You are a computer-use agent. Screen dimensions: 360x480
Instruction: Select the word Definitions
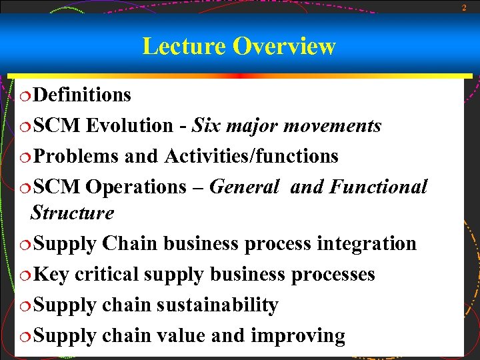[82, 95]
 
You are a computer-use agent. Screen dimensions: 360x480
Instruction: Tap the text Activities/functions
[251, 157]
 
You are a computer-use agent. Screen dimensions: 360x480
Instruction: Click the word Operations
[137, 187]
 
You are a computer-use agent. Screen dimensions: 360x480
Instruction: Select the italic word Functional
[378, 187]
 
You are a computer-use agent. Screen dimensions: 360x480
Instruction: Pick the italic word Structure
[73, 213]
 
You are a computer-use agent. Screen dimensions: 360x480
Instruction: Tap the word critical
[107, 275]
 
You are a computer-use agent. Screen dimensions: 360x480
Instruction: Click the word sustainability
[217, 305]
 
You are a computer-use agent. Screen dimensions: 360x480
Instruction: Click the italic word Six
[207, 126]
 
